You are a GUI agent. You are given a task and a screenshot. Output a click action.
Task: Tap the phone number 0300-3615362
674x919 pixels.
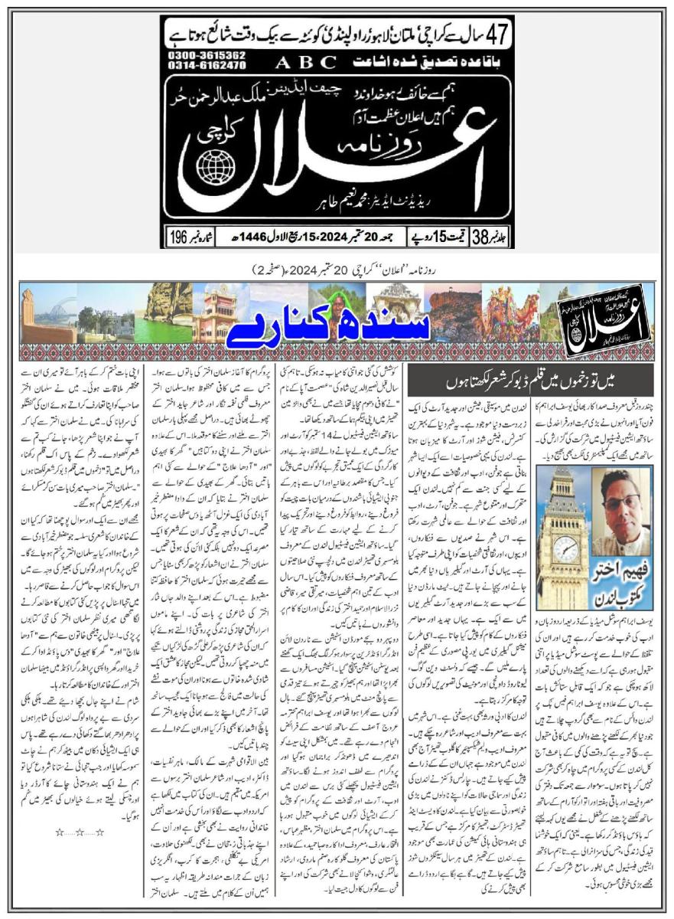click(x=195, y=56)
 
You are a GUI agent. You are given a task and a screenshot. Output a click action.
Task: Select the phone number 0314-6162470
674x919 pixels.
click(x=195, y=67)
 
